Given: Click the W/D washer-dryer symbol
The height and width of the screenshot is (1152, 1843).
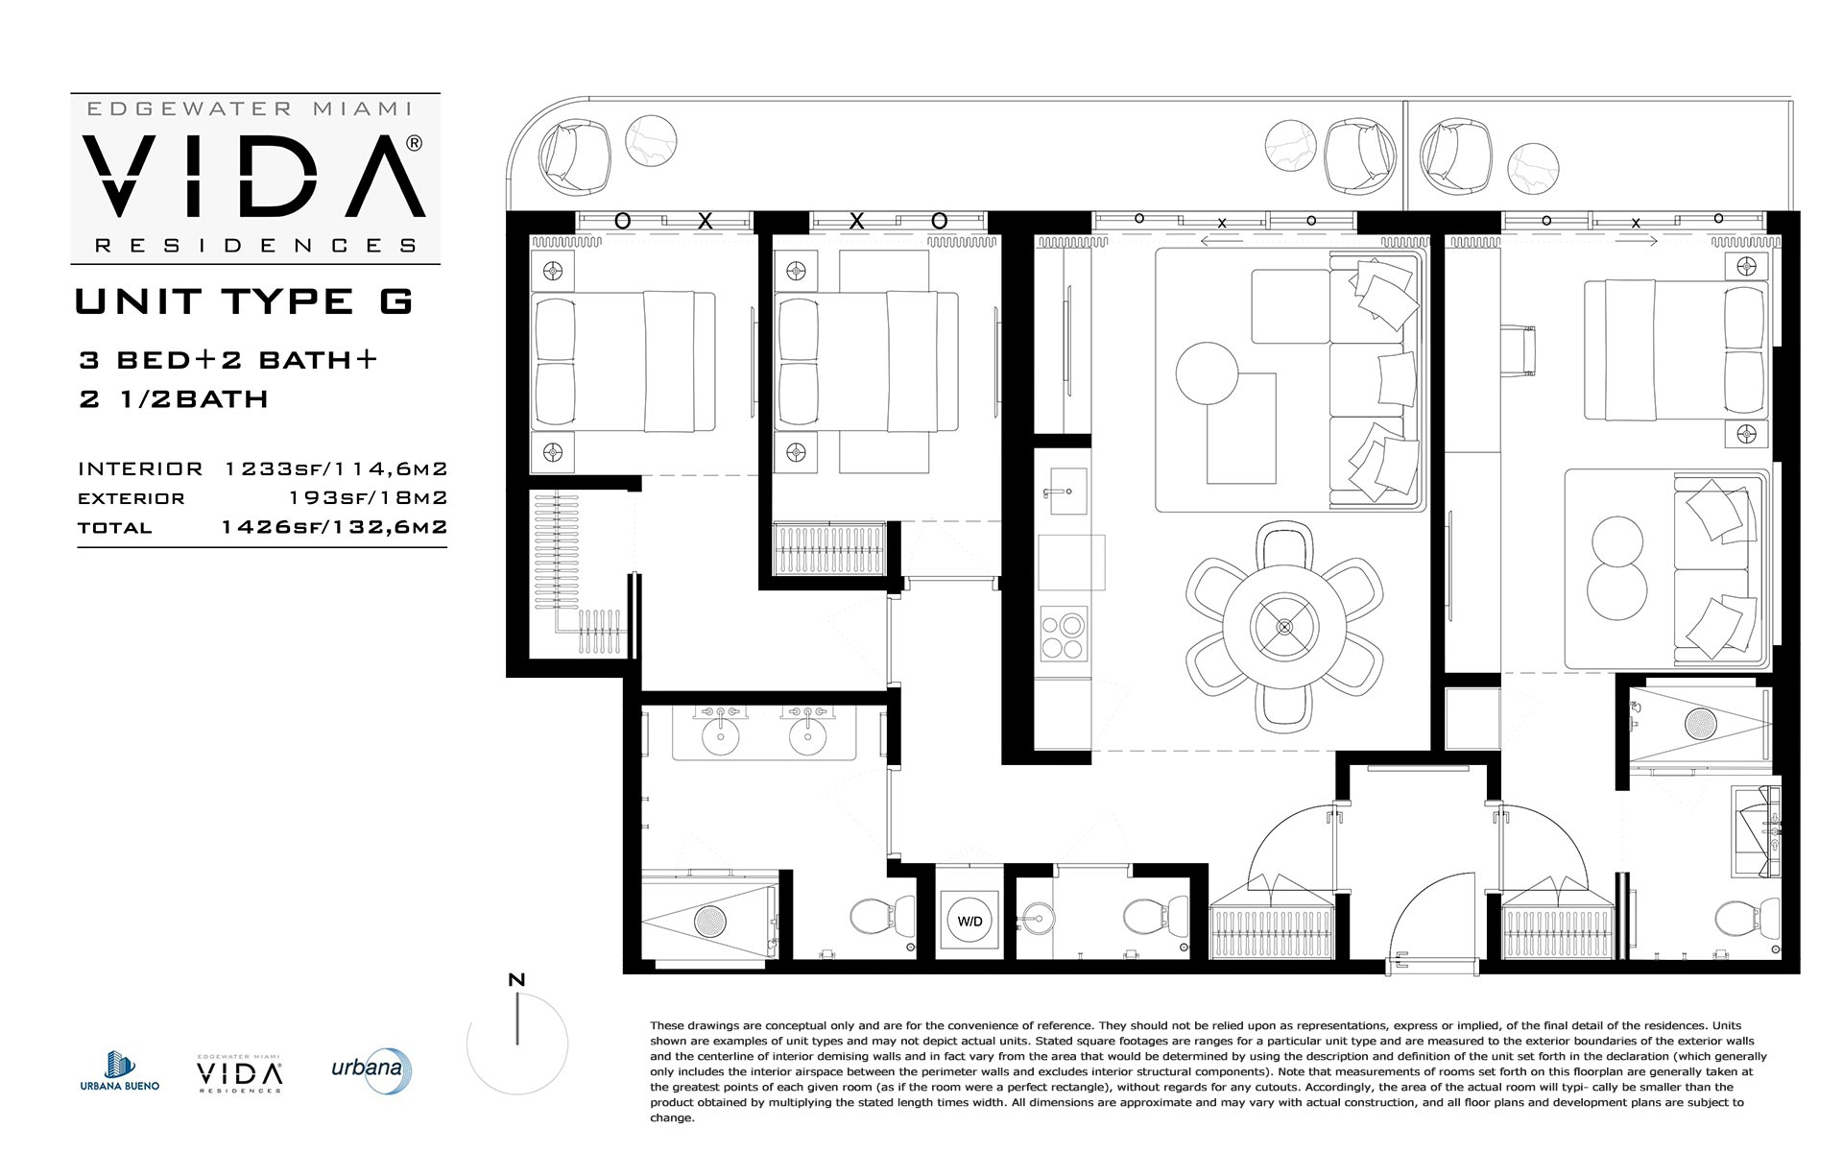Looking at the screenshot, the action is pyautogui.click(x=969, y=921).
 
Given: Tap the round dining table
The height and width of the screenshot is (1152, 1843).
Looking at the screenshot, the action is pyautogui.click(x=1284, y=627).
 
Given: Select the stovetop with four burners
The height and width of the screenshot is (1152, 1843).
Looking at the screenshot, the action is pyautogui.click(x=1064, y=634).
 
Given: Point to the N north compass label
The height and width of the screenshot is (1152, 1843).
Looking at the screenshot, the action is pyautogui.click(x=516, y=980).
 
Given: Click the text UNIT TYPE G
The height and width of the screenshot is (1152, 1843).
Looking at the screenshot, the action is pyautogui.click(x=244, y=301).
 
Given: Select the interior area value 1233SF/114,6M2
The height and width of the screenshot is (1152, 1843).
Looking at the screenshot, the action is pyautogui.click(x=336, y=468).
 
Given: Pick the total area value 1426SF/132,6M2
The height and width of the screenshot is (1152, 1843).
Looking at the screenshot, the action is pyautogui.click(x=334, y=527).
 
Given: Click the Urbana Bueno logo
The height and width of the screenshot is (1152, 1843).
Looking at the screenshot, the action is pyautogui.click(x=119, y=1070).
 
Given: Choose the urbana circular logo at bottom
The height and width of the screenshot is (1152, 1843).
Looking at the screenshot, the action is pyautogui.click(x=372, y=1070).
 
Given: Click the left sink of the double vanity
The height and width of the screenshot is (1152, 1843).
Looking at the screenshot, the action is pyautogui.click(x=720, y=734).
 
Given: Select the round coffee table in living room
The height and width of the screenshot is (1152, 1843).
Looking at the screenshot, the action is pyautogui.click(x=1208, y=372).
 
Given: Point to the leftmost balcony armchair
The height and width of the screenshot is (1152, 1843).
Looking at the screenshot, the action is pyautogui.click(x=574, y=155).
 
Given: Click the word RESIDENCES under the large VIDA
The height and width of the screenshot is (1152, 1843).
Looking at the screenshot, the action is pyautogui.click(x=255, y=246).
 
